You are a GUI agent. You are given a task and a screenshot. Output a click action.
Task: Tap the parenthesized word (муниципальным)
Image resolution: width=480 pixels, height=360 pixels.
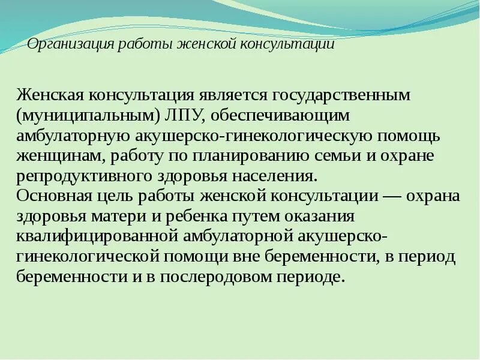(72, 115)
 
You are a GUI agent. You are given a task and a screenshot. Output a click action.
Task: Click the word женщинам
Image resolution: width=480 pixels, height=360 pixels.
(55, 157)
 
